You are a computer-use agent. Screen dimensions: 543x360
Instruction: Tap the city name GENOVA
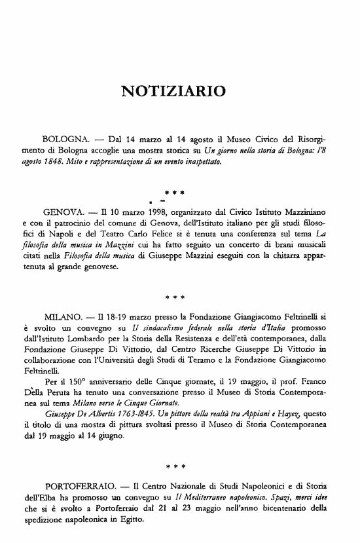click(x=63, y=213)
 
